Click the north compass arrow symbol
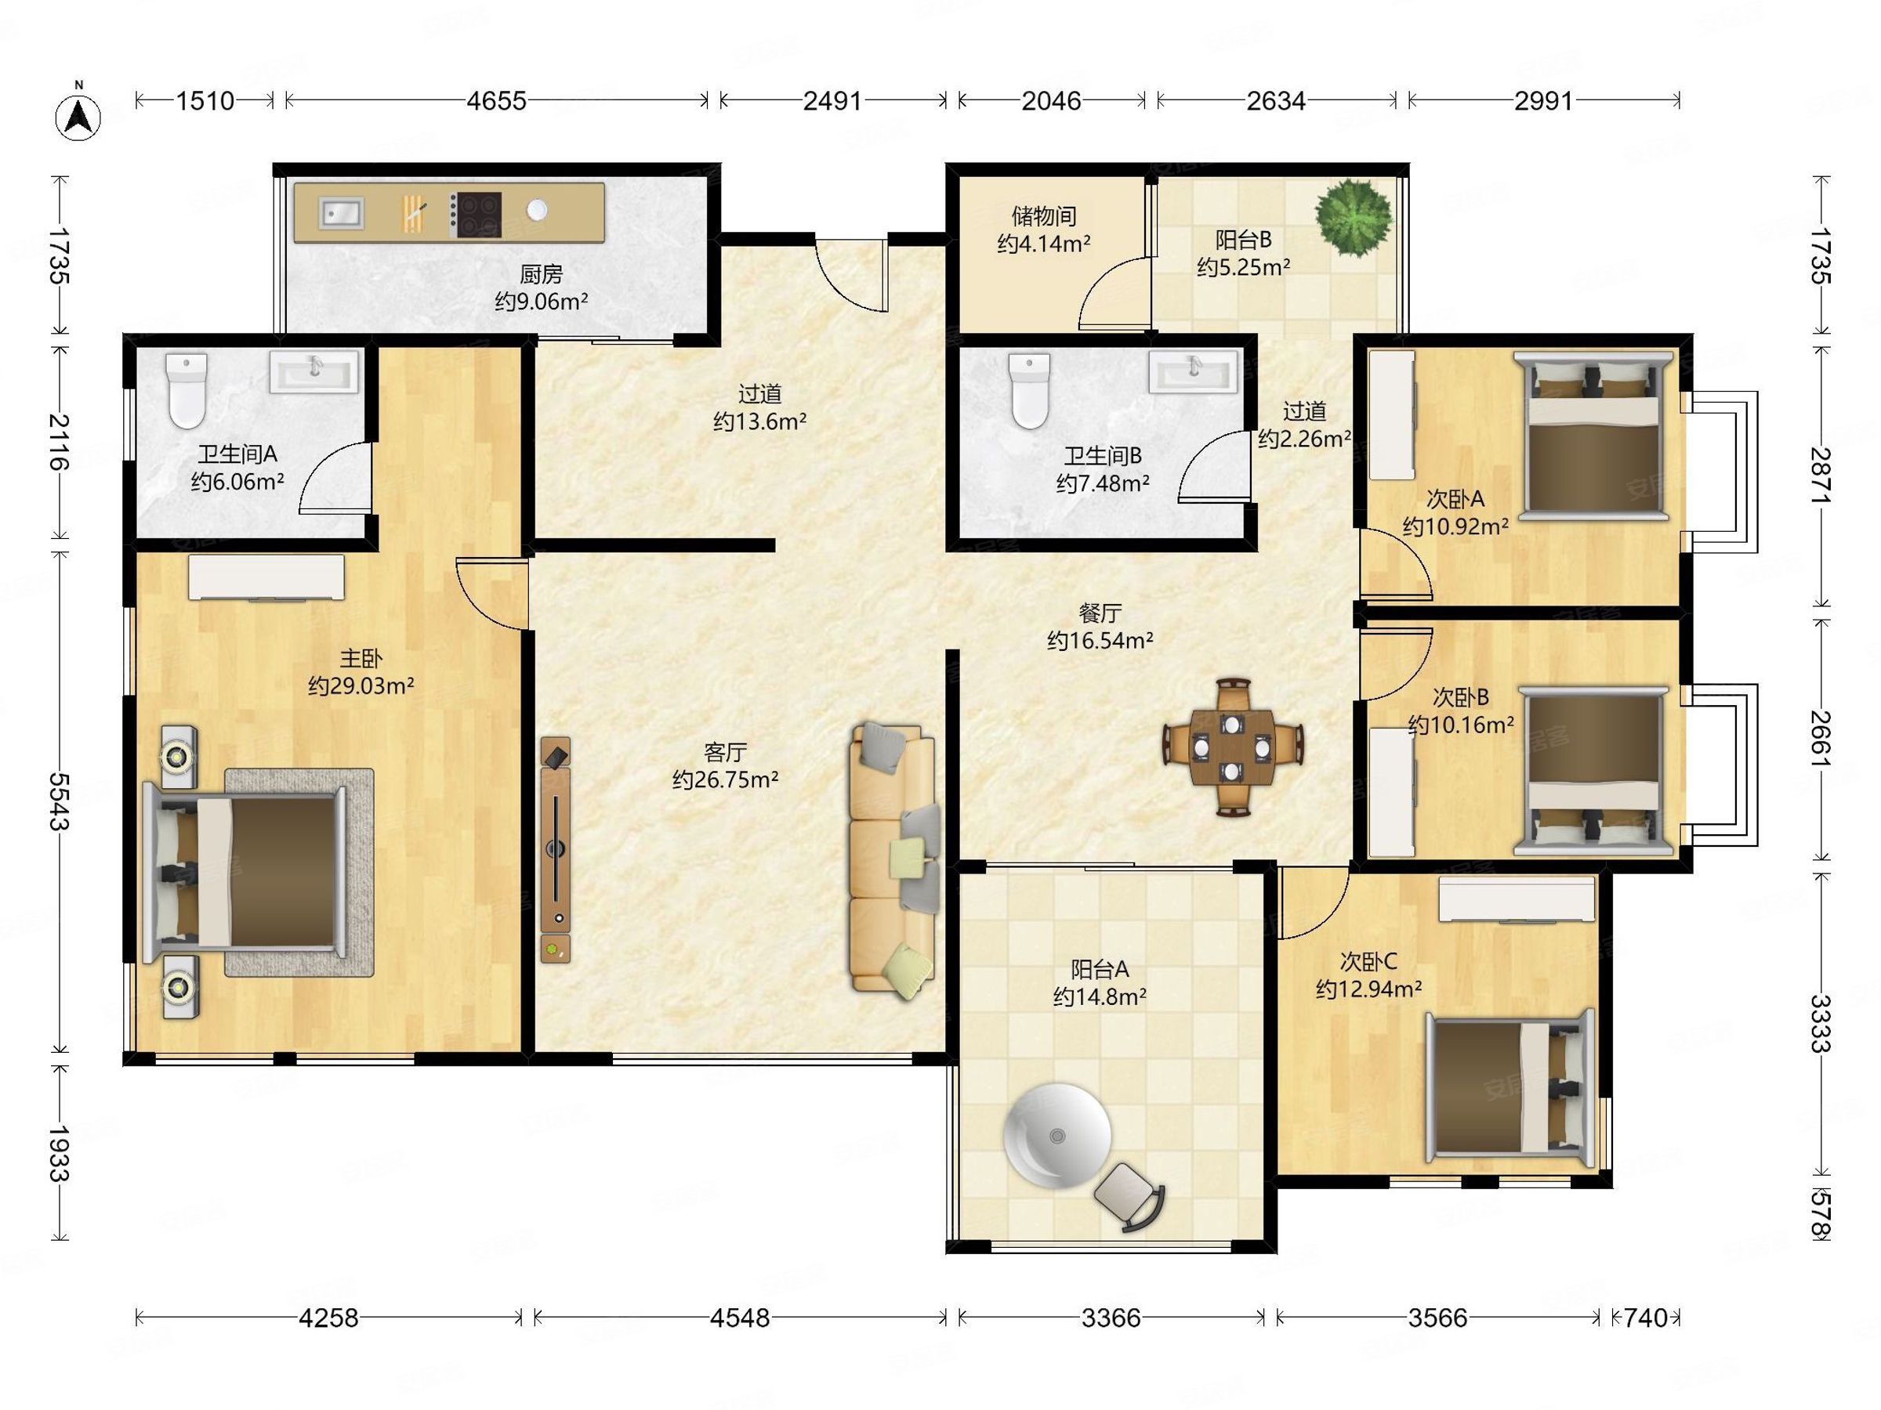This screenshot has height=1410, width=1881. click(x=78, y=117)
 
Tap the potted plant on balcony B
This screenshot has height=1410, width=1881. click(x=1354, y=217)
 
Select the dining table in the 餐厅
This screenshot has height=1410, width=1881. click(x=1232, y=748)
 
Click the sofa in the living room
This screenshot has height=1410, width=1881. click(x=894, y=859)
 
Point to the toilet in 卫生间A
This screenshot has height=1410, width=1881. click(x=187, y=390)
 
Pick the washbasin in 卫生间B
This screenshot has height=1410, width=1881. click(x=1194, y=371)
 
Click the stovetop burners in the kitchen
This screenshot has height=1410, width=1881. click(x=476, y=214)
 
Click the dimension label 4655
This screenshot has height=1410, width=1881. click(x=497, y=101)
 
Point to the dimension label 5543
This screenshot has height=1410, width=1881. click(x=58, y=801)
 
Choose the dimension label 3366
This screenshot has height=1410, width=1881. click(x=1111, y=1318)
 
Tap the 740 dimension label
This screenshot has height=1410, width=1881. click(x=1645, y=1318)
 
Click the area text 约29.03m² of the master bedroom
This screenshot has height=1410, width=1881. click(x=361, y=686)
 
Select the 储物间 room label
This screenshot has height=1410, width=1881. click(x=1044, y=217)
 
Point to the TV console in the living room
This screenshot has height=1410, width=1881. click(x=555, y=849)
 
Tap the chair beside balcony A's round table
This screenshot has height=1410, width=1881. click(x=1129, y=1197)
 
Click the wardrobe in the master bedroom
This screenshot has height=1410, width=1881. click(x=266, y=578)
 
